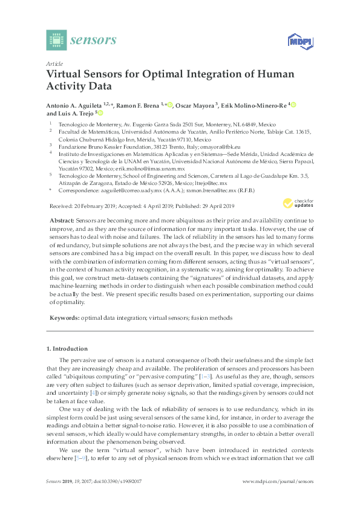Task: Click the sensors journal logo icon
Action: [x=56, y=41]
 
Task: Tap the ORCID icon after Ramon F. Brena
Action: [x=171, y=105]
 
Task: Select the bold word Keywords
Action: [x=63, y=317]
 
